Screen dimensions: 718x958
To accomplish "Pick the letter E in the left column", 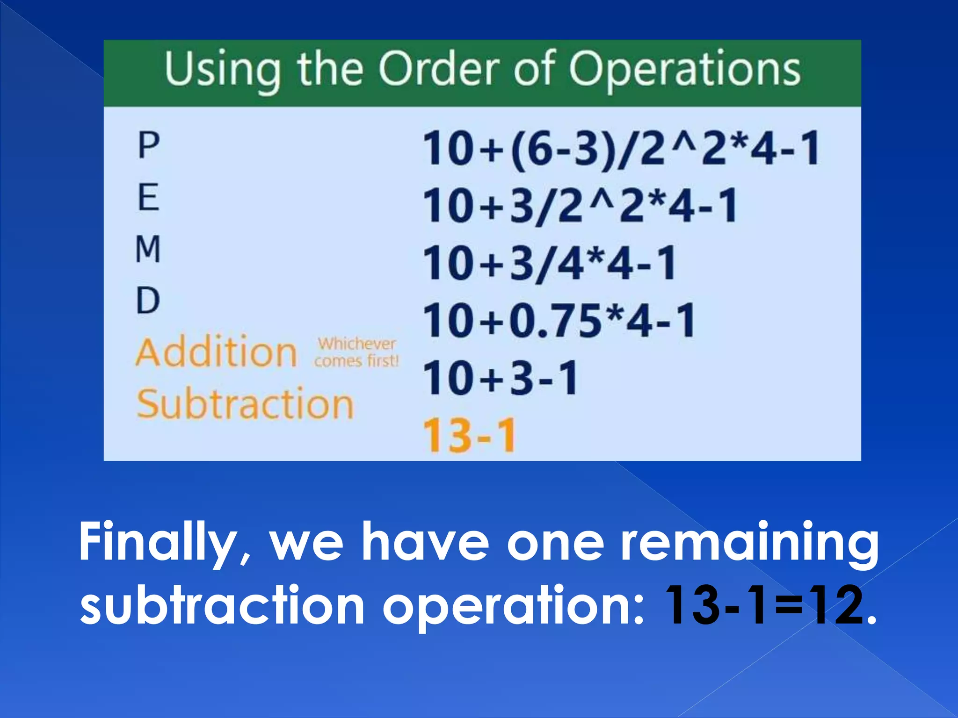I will [x=149, y=197].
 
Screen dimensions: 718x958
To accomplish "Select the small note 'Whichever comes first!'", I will [x=356, y=352].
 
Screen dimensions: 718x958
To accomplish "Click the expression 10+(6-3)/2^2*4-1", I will [x=621, y=149].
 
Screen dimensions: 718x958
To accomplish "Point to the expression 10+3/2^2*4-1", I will [x=580, y=206].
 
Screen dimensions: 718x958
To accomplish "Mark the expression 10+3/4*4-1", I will [x=550, y=264].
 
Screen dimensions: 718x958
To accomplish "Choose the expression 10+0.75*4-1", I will [x=559, y=321].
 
